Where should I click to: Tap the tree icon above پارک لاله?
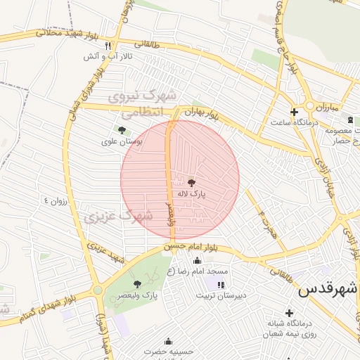[193, 182]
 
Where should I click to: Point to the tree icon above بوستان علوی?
[122, 130]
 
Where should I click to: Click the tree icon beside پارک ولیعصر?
[138, 284]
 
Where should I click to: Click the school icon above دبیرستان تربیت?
[221, 285]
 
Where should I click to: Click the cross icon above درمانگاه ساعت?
[294, 112]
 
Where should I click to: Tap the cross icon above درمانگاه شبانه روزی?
[288, 312]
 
